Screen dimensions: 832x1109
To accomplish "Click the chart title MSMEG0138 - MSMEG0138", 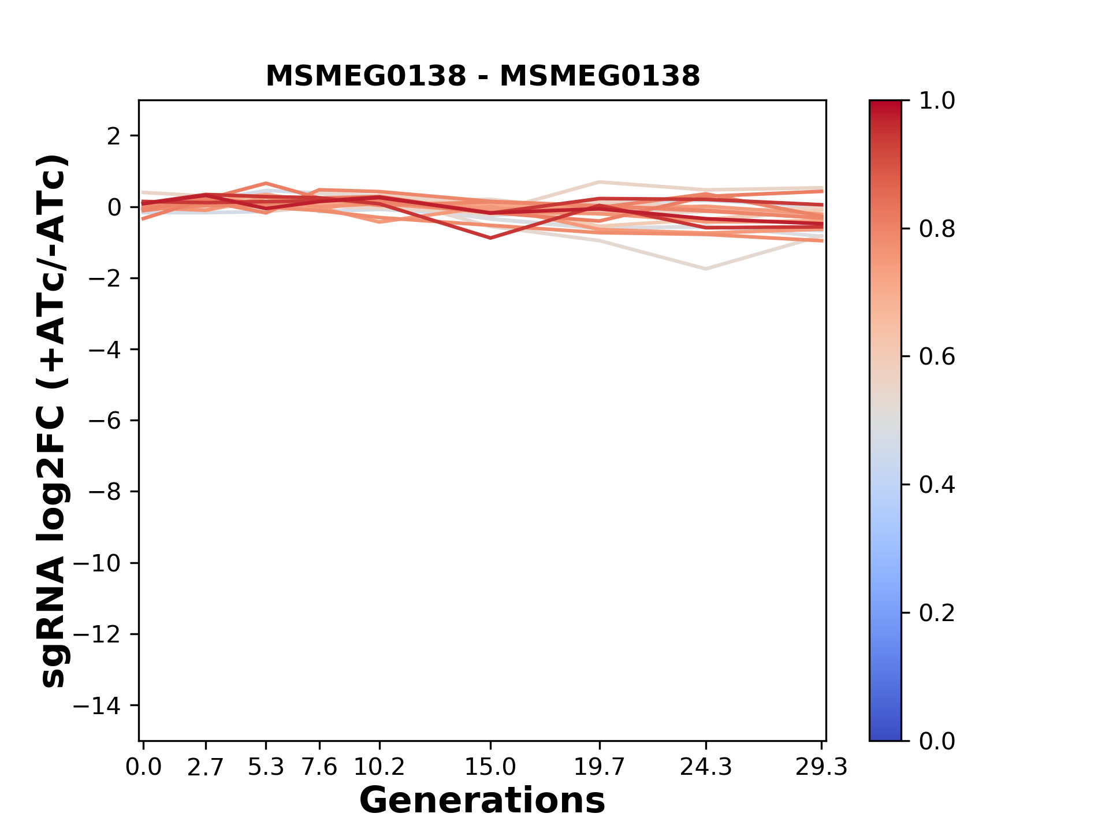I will tap(482, 76).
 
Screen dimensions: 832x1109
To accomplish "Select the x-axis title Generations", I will tap(482, 800).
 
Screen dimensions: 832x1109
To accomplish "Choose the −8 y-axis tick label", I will tap(105, 492).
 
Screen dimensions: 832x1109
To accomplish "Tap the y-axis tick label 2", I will tap(114, 136).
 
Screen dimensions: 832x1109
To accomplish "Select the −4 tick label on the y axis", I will tap(105, 350).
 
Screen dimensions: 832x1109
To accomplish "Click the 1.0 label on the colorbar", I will tap(937, 101).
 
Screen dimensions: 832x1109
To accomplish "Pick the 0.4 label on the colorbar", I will tap(937, 485).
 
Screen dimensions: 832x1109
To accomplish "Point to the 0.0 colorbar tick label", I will tap(937, 741).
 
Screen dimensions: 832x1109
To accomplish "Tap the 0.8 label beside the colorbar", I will tap(937, 229).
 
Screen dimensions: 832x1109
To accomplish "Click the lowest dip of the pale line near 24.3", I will tap(705, 269).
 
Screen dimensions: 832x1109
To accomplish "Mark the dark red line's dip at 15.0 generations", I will tap(490, 237).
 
